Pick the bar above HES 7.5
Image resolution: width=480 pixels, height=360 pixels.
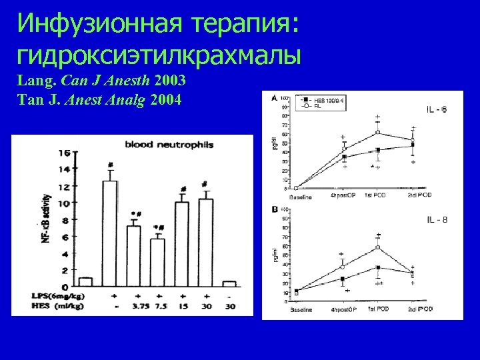click(x=157, y=262)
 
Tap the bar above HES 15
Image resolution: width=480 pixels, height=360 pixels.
click(x=181, y=244)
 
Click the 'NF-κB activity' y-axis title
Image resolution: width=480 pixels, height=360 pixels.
click(x=46, y=216)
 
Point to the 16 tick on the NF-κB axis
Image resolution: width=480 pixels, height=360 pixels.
click(x=64, y=153)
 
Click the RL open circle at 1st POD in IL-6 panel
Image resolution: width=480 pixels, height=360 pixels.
click(x=378, y=132)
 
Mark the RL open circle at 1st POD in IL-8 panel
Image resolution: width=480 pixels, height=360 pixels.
click(x=379, y=247)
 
